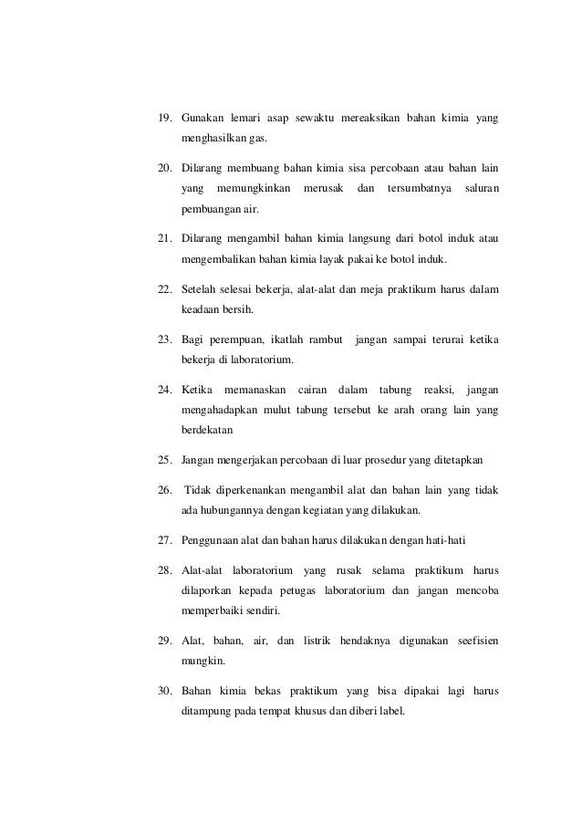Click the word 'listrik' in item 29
[319, 641]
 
